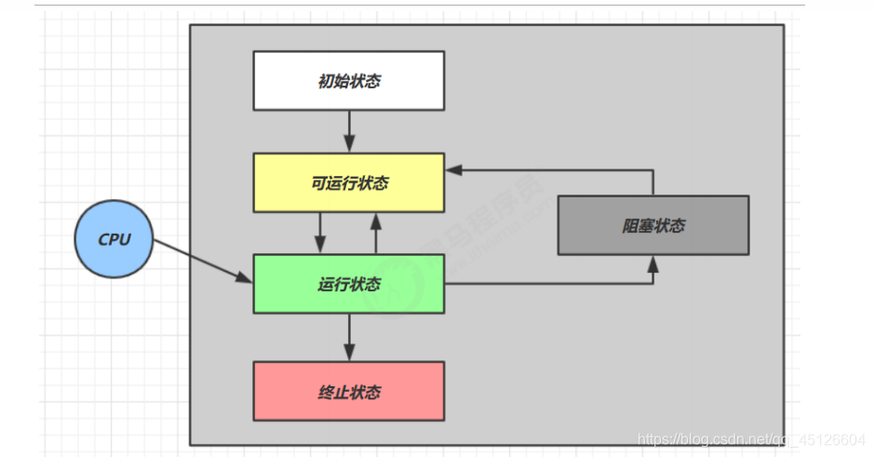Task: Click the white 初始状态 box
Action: point(348,80)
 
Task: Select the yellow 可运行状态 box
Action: point(348,182)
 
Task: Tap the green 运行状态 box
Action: point(348,284)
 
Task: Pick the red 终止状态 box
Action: point(348,391)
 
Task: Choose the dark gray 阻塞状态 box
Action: point(652,225)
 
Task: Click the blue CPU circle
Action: point(114,239)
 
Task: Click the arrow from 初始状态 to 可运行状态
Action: point(349,130)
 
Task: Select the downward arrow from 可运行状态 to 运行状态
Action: point(320,233)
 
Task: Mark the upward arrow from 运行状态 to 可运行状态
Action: point(376,233)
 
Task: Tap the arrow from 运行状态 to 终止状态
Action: point(349,336)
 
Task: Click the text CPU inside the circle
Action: point(114,239)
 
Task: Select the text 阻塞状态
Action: point(654,226)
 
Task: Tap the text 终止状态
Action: point(349,392)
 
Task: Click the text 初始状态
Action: point(349,81)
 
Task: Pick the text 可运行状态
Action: point(349,183)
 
